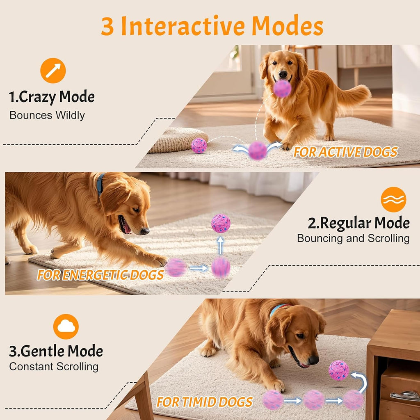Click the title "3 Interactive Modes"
tap(212, 26)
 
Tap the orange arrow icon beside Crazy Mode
tap(53, 71)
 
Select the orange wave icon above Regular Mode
tap(393, 199)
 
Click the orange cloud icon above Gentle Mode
tap(66, 326)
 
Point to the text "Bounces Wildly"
tap(47, 115)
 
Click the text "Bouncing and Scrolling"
tap(353, 238)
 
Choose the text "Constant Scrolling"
tap(54, 366)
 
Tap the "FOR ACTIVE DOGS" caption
tap(345, 152)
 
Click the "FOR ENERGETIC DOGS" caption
tap(100, 275)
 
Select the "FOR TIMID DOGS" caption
tap(205, 402)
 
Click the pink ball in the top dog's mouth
tap(282, 88)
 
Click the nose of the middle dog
tap(145, 231)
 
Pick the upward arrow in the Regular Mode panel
tap(221, 245)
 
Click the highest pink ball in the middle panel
tap(221, 223)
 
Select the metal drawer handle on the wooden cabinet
tap(404, 396)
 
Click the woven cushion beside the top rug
tap(177, 139)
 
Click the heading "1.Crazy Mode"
tap(52, 97)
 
